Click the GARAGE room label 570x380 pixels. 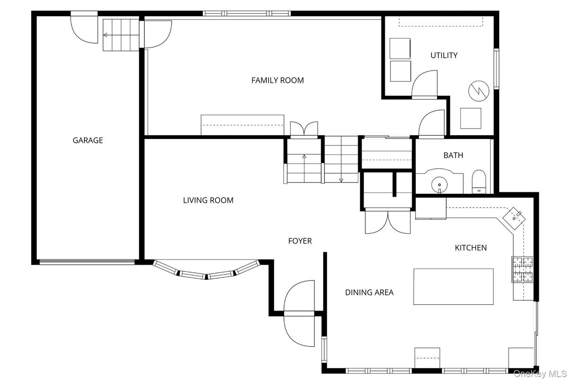coord(88,140)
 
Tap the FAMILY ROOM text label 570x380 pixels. coord(277,80)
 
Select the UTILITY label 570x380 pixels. coord(444,55)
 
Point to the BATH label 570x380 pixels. coord(453,155)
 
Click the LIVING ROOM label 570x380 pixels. coord(208,200)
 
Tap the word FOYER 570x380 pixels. coord(300,241)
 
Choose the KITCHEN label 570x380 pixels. coord(471,248)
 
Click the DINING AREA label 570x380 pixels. coord(369,293)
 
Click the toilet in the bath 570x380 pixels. coord(479,181)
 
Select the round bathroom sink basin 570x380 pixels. coord(439,184)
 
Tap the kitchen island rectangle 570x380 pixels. coord(453,286)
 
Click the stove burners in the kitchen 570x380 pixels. coord(522,269)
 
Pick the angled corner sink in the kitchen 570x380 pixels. coord(514,218)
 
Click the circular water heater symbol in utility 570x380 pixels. coord(479,91)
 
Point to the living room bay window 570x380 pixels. coord(206,271)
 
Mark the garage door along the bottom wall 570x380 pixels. coord(87,262)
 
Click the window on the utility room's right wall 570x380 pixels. coord(496,69)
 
